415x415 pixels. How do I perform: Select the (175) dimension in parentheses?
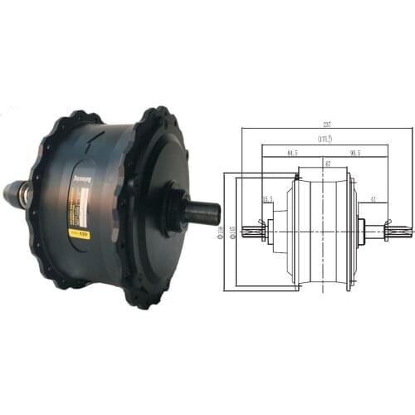point(325,140)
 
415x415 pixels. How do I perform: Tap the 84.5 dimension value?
point(290,152)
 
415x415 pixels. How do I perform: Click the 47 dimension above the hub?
point(328,164)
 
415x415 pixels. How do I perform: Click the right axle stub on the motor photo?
point(202,212)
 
